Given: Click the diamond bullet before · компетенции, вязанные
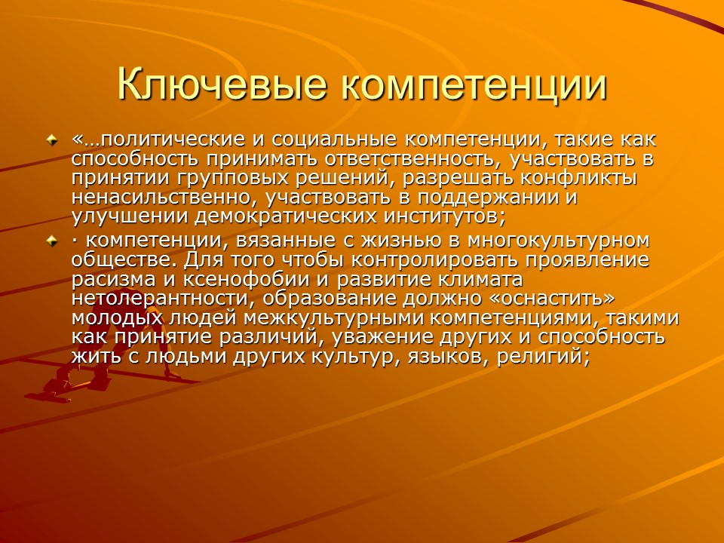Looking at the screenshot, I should (x=51, y=241).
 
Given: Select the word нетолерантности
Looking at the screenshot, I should (x=152, y=299).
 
